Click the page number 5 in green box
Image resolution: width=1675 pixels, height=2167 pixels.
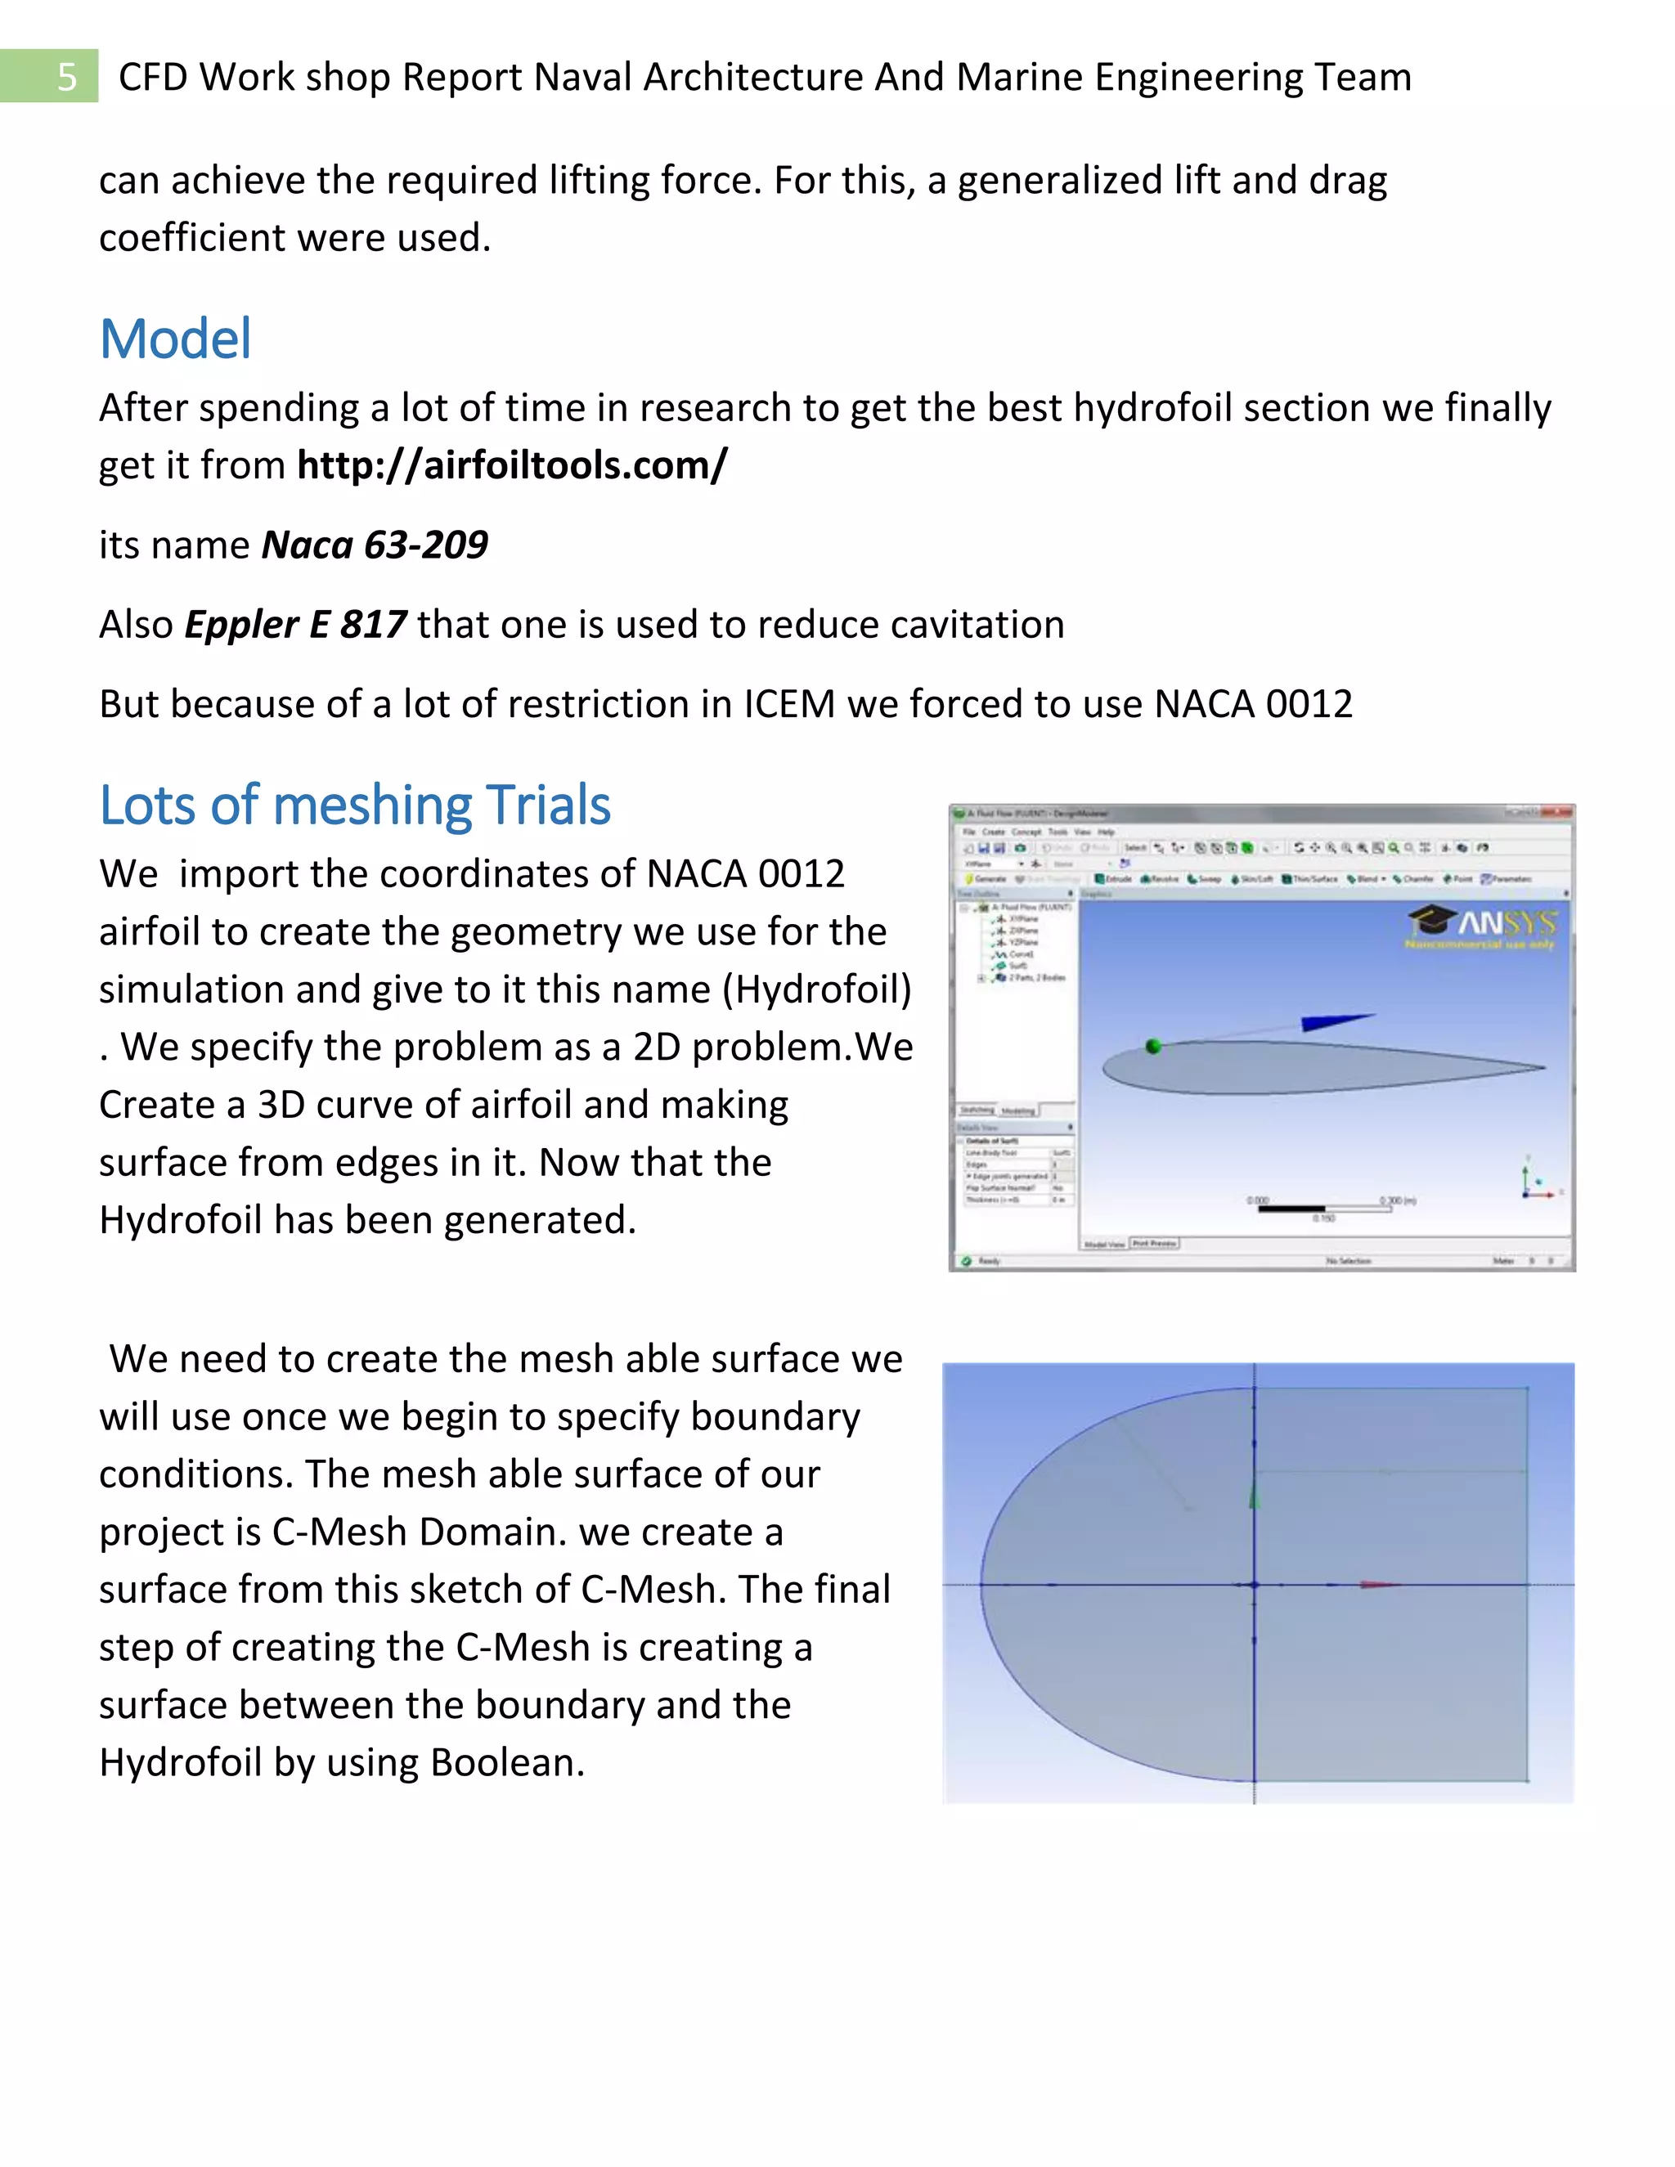click(x=65, y=76)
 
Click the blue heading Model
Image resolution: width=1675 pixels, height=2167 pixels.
click(x=176, y=339)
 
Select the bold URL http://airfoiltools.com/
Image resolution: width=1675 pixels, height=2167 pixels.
click(x=512, y=464)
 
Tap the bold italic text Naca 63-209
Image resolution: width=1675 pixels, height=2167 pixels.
click(x=374, y=545)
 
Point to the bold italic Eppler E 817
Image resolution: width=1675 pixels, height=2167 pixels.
click(x=294, y=624)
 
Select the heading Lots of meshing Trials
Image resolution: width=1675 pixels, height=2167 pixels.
click(x=354, y=805)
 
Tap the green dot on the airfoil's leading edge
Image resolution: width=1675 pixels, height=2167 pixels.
click(x=1153, y=1046)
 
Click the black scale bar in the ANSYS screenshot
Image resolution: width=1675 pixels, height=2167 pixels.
click(x=1291, y=1209)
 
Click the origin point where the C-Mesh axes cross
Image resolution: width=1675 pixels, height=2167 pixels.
click(x=1255, y=1585)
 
